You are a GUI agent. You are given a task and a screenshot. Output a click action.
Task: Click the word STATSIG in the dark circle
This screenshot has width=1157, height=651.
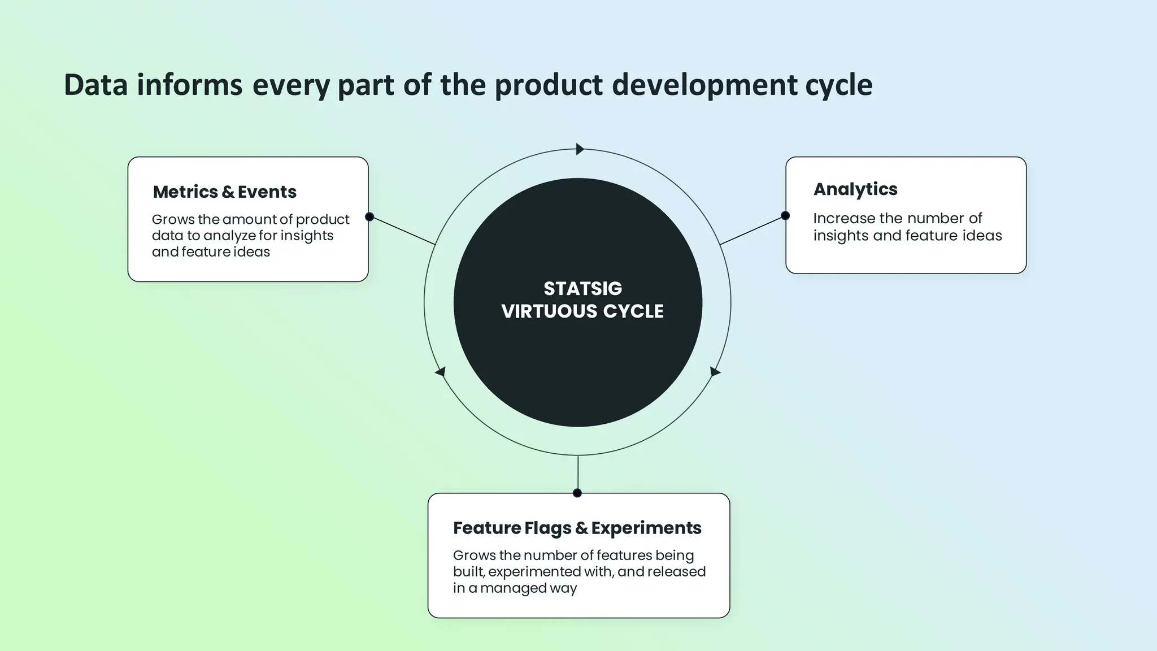[582, 289]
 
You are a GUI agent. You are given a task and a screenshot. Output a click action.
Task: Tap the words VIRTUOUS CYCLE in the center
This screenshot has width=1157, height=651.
[582, 311]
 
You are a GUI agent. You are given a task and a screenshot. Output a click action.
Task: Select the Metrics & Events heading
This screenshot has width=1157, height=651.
[224, 192]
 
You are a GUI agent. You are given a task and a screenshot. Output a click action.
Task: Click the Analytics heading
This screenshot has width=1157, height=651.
[855, 189]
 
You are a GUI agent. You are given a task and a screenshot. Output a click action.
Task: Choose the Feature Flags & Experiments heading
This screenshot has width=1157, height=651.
[577, 528]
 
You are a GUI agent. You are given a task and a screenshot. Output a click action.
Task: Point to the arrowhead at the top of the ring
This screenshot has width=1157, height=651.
[580, 149]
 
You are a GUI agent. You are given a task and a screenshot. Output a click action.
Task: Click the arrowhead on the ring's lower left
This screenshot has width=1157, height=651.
[441, 372]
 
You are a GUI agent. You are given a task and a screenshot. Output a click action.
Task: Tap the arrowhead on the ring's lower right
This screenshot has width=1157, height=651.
[715, 372]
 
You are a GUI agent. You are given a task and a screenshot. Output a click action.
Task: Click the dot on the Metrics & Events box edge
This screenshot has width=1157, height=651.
[369, 217]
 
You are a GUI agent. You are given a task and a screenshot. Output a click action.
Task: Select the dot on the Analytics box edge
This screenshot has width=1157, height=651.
[785, 215]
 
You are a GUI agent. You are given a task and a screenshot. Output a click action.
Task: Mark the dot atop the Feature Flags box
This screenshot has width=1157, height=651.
[577, 493]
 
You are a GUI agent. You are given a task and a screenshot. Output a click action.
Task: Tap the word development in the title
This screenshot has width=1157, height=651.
[701, 85]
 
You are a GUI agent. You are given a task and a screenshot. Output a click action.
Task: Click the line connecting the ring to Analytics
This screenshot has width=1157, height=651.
[753, 230]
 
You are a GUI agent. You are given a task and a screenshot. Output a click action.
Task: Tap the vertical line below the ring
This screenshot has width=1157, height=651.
[577, 474]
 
